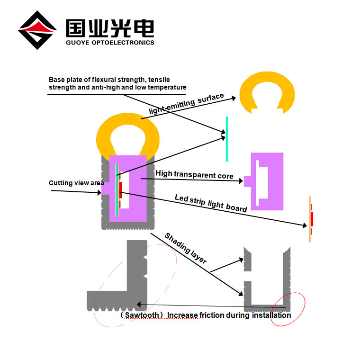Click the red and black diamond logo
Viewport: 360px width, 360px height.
[x=36, y=30]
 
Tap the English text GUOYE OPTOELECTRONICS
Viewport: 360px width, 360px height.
[x=110, y=42]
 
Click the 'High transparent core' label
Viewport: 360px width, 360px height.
[x=194, y=175]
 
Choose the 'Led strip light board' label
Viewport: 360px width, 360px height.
[x=211, y=203]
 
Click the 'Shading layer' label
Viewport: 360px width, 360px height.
[x=185, y=248]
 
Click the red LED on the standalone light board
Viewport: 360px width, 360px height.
[x=312, y=219]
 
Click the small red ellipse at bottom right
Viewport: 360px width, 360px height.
[x=288, y=309]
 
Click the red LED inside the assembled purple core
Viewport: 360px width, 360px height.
[x=121, y=189]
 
